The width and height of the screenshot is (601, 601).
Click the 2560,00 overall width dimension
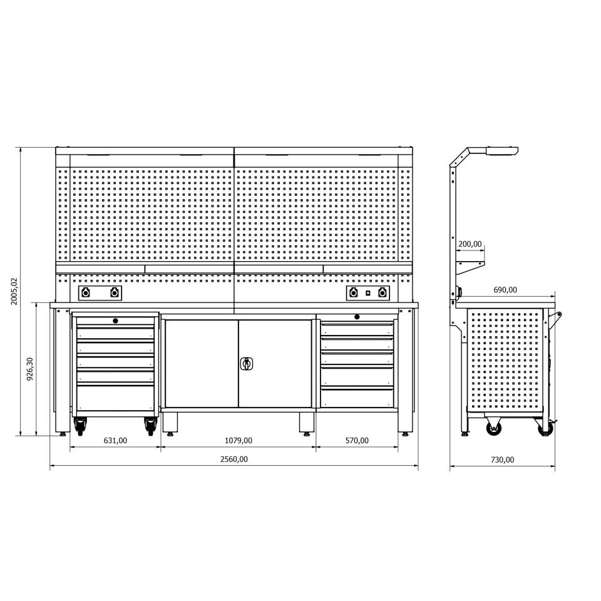[x=234, y=459]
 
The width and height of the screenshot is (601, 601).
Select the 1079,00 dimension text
[x=238, y=440]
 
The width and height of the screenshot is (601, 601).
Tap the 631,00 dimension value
[x=115, y=440]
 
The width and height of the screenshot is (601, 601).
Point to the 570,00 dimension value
[x=357, y=440]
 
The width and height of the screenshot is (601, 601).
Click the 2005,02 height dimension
[x=14, y=291]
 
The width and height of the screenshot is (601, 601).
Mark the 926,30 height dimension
[x=30, y=369]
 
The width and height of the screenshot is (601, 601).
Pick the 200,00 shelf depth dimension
[x=470, y=244]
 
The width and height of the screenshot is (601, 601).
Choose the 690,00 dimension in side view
[x=505, y=290]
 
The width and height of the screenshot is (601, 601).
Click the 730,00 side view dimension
[x=502, y=460]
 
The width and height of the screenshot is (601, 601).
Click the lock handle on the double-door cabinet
[x=247, y=363]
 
